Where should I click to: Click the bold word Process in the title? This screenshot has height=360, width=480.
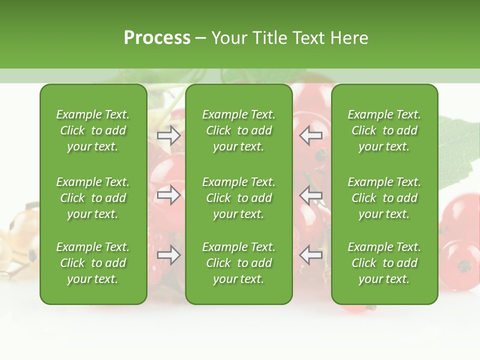(157, 37)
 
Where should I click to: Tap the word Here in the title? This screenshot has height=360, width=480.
(349, 37)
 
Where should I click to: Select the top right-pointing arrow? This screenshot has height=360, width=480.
(168, 135)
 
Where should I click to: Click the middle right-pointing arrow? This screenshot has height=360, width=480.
(168, 195)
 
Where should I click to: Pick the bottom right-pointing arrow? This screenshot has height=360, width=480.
(168, 255)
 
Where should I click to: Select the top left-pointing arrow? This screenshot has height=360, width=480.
(311, 135)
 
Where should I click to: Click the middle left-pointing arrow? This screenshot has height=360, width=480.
(311, 195)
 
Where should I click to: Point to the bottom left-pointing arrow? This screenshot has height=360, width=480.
(311, 255)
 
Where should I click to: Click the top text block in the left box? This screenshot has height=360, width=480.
(93, 130)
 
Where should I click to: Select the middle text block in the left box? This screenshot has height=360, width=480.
(93, 198)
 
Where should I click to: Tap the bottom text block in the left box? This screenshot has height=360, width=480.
(93, 263)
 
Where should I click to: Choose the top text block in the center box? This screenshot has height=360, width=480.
(238, 130)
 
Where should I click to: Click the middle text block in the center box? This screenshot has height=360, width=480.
(238, 198)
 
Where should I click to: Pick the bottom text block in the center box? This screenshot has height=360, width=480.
(238, 263)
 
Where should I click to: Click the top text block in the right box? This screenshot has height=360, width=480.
(384, 130)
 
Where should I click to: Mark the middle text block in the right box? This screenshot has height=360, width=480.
(384, 198)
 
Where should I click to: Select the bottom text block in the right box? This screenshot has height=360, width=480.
(384, 263)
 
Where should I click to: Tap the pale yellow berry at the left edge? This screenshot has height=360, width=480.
(20, 240)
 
